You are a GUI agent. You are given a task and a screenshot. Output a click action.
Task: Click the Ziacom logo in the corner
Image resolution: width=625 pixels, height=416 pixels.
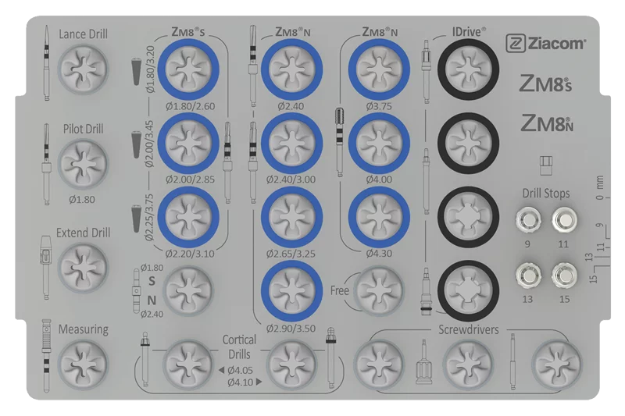tap(545, 44)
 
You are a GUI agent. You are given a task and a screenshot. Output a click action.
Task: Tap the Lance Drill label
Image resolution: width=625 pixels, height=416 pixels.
tap(83, 34)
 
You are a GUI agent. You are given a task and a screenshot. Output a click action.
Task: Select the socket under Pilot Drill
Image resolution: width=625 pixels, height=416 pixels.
tap(83, 164)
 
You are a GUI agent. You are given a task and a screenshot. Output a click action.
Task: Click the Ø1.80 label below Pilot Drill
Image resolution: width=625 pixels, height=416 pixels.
tap(82, 200)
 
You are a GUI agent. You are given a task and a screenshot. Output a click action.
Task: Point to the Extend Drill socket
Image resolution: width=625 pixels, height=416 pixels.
tap(83, 267)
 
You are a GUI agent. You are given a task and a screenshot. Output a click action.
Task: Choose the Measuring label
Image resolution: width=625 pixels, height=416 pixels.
tap(84, 329)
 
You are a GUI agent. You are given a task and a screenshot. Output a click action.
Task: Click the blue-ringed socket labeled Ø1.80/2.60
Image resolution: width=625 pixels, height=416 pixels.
tap(188, 69)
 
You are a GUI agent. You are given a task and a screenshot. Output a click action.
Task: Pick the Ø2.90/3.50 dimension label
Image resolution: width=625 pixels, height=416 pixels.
tap(291, 329)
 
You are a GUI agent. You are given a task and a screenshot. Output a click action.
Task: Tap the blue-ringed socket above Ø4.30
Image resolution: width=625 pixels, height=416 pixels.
tap(379, 217)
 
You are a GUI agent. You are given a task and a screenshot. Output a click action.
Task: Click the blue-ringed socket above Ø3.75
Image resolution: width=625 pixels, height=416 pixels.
tap(379, 69)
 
